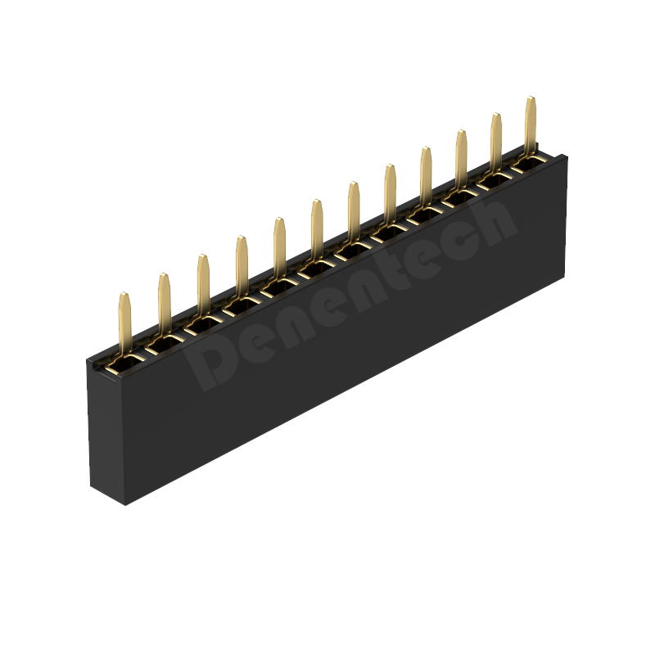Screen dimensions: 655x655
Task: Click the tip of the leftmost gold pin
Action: click(124, 293)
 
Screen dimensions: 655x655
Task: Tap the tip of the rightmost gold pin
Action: click(531, 97)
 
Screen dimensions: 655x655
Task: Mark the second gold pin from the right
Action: click(496, 144)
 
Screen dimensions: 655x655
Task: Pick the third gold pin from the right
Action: click(461, 161)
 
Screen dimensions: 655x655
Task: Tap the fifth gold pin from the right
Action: click(391, 196)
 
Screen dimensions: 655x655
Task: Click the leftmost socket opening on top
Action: click(124, 364)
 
